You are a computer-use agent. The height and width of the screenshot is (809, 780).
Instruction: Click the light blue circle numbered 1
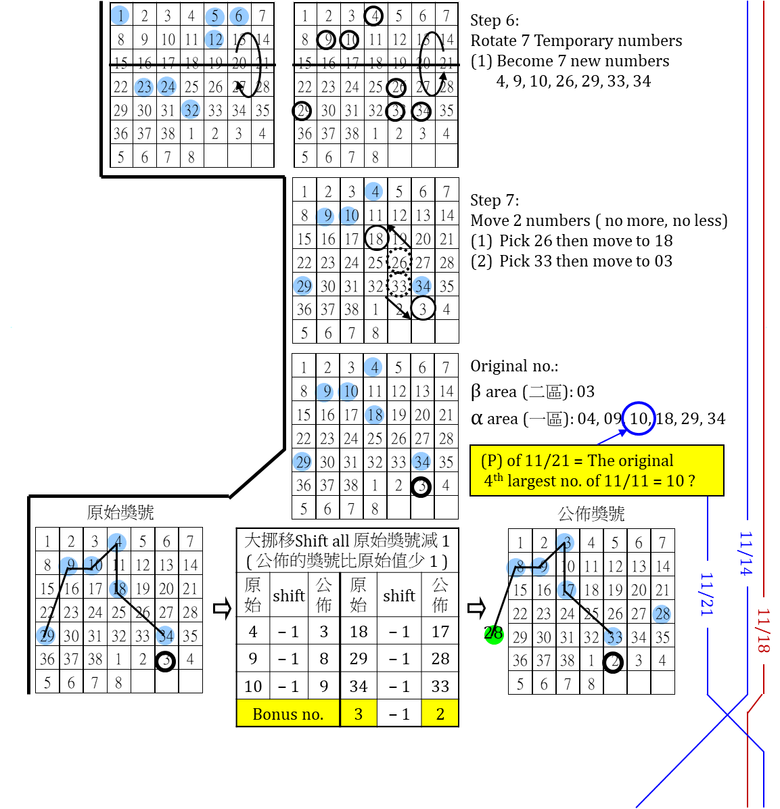(x=120, y=16)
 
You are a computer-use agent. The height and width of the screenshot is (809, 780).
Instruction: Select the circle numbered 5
(x=214, y=16)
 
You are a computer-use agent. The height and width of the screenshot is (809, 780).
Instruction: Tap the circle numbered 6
(x=239, y=16)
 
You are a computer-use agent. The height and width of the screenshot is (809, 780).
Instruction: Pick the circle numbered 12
(x=214, y=40)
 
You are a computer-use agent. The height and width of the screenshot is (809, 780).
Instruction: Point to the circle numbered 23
(x=144, y=87)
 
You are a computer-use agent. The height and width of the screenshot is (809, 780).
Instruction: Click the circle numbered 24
(x=167, y=87)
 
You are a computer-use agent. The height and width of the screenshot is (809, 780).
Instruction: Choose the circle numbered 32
(x=191, y=110)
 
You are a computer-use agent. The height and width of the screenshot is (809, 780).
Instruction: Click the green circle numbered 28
(x=494, y=634)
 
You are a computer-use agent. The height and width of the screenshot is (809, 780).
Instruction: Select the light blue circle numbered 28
(x=662, y=614)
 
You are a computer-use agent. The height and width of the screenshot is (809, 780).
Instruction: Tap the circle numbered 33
(x=613, y=637)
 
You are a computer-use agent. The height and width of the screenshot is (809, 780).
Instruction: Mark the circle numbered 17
(x=566, y=590)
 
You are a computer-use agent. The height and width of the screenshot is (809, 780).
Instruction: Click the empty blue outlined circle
(x=639, y=419)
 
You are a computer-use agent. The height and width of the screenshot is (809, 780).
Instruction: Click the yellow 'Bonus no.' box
(x=288, y=713)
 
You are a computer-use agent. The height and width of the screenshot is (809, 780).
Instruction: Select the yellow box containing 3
(x=359, y=713)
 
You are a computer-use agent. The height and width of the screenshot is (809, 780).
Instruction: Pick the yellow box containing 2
(x=440, y=713)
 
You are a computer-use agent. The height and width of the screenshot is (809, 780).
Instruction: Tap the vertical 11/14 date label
(x=746, y=553)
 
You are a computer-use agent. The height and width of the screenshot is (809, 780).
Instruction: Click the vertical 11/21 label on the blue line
(x=707, y=595)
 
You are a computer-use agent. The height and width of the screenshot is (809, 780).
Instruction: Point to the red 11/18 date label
(x=764, y=630)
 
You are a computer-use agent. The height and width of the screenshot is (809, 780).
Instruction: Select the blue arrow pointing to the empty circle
(x=612, y=436)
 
